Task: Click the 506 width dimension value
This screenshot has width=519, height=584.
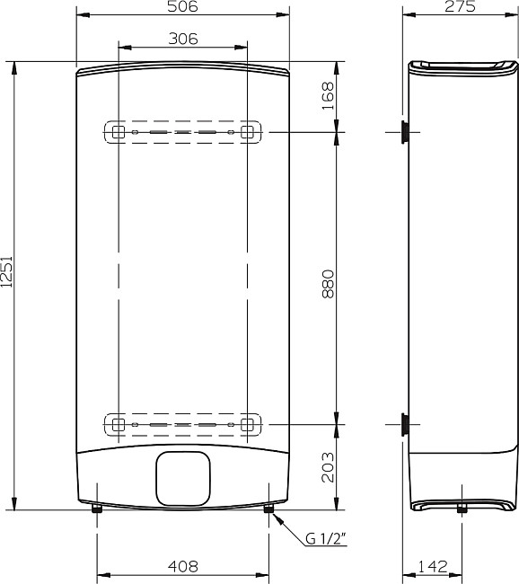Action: point(182,8)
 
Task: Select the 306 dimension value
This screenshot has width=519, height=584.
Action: point(182,39)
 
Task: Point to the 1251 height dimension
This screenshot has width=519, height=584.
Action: point(8,285)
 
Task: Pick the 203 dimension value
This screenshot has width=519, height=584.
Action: point(329,466)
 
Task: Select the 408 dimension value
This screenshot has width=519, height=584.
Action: point(182,566)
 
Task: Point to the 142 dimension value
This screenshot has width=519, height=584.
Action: point(432,566)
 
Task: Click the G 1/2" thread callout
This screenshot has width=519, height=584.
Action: point(324,539)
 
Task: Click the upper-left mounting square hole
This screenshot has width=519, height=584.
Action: point(118,132)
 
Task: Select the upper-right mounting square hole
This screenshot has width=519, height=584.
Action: point(247,132)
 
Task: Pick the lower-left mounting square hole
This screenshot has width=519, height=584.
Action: point(118,423)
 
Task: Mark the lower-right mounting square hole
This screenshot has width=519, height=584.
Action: point(247,423)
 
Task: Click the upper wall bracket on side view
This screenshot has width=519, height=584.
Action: point(405,132)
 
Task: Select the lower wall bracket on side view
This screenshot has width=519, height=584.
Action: point(405,423)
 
